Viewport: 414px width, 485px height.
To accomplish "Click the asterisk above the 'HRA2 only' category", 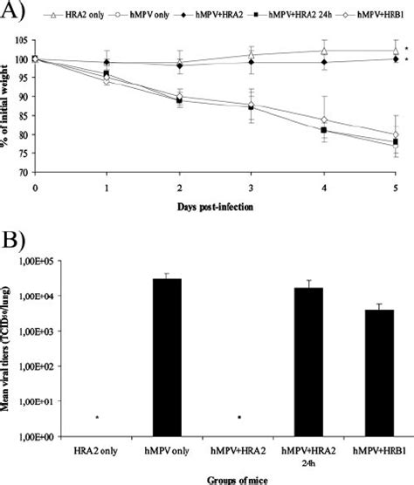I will [x=97, y=419].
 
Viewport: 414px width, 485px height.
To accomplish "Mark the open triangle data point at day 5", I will [x=396, y=51].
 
